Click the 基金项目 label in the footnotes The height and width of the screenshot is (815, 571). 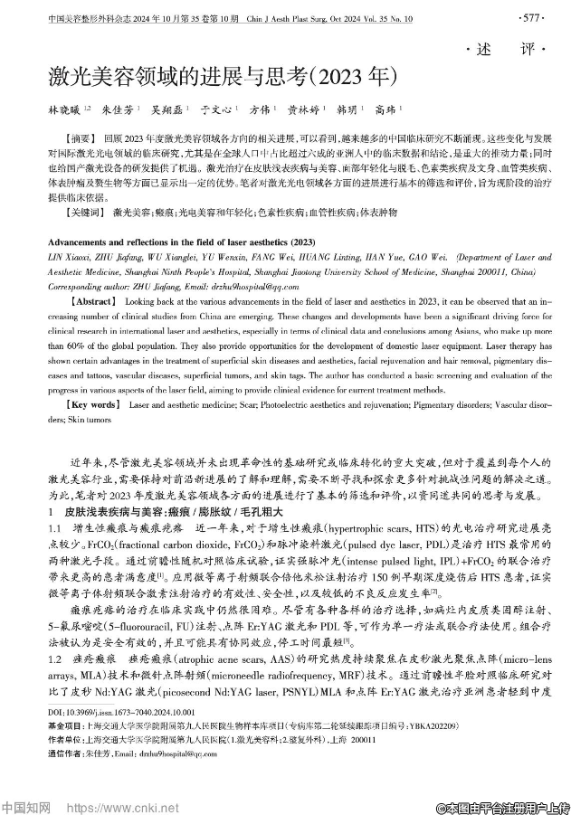[x=68, y=726]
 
